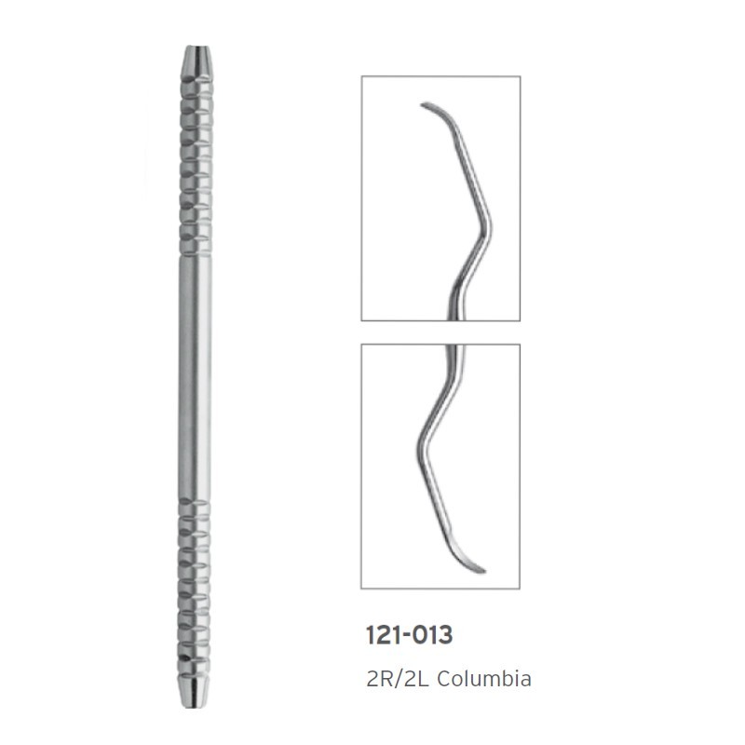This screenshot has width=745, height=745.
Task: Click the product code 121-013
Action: click(409, 635)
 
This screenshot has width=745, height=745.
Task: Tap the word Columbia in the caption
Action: click(483, 679)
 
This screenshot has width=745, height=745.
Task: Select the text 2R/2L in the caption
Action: click(398, 679)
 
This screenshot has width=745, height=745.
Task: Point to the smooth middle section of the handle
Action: click(195, 378)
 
